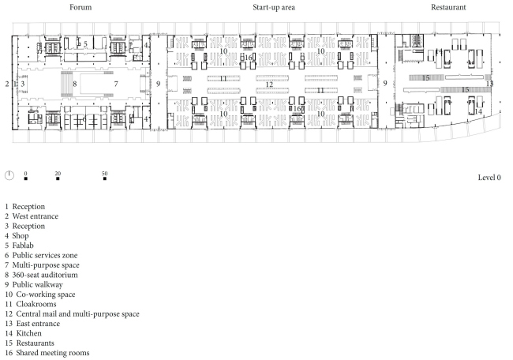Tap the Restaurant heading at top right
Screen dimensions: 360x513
(x=448, y=7)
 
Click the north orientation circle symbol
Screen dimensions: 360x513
(x=9, y=175)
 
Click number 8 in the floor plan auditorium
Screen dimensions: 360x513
(x=75, y=83)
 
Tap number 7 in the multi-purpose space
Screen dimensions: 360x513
(x=115, y=83)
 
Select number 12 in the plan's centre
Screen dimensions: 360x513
(x=269, y=84)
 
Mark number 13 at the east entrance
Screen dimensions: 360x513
(x=489, y=83)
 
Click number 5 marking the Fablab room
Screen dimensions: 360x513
(x=85, y=44)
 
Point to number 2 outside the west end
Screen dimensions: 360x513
(x=6, y=83)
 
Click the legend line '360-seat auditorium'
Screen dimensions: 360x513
(x=44, y=271)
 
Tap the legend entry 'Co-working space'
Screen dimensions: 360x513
(x=44, y=293)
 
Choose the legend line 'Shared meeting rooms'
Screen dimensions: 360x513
(x=47, y=354)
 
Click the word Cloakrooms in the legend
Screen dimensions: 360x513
(x=38, y=303)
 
